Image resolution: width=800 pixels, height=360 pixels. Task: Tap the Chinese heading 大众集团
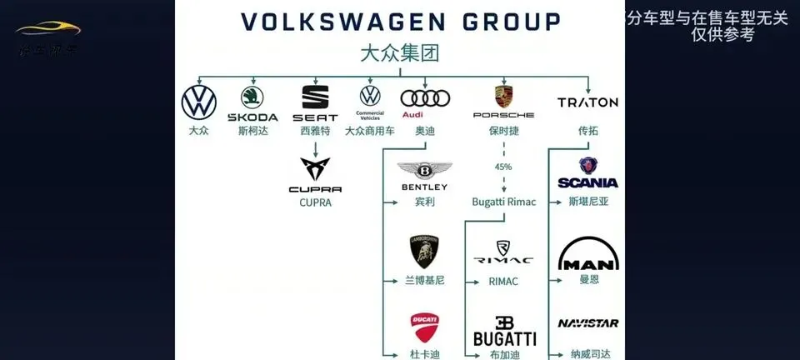(399, 54)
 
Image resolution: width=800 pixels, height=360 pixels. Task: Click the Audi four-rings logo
(425, 98)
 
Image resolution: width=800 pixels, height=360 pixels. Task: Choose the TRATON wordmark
(587, 102)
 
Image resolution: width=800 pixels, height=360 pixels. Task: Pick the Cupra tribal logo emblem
(315, 171)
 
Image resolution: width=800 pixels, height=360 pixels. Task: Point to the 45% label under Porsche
(503, 167)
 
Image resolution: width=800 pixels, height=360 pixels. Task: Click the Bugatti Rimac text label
(503, 202)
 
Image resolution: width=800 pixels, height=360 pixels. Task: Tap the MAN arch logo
(588, 254)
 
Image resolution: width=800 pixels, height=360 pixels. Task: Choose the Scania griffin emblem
(588, 165)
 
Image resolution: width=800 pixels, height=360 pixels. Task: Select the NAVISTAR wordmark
(588, 323)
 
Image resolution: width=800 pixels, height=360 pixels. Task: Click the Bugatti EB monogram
(504, 322)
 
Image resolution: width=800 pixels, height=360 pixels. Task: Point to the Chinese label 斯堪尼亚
(588, 202)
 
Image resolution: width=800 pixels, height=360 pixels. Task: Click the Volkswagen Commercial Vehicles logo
(369, 96)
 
